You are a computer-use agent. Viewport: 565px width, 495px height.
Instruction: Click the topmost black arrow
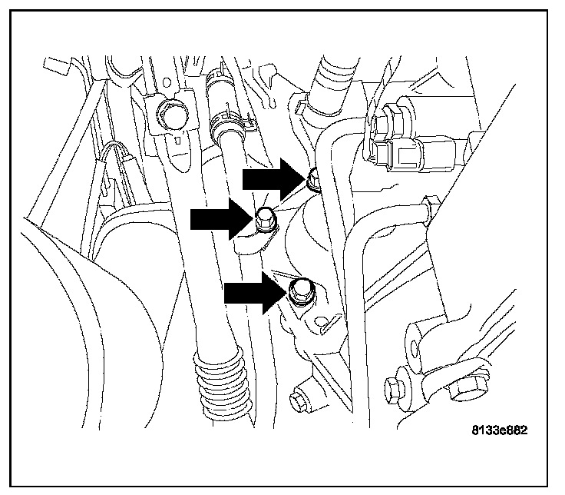pos(273,179)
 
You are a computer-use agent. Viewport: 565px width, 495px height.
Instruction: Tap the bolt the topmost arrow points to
pos(312,181)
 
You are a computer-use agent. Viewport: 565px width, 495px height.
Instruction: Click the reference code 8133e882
pos(500,430)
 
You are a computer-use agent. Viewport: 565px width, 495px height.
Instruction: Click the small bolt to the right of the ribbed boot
pos(295,399)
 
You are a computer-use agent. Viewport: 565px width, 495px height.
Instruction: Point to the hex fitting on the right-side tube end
pos(429,206)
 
